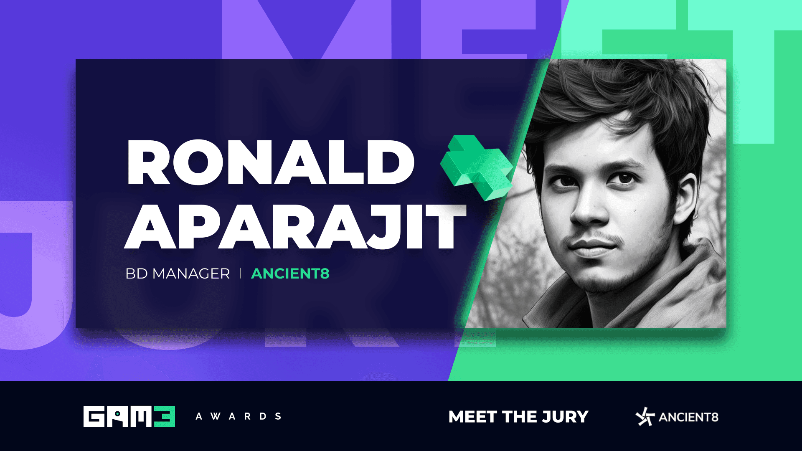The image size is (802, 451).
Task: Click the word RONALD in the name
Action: (271, 162)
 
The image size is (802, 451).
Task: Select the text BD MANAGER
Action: (178, 274)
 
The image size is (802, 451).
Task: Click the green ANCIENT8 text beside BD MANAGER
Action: (290, 274)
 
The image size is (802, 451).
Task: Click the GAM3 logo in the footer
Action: (129, 416)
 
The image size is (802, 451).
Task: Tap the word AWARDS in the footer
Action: (239, 416)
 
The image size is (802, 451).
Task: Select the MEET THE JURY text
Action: (518, 417)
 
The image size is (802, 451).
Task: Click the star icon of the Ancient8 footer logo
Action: (645, 417)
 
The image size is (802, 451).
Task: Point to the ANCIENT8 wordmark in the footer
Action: (688, 417)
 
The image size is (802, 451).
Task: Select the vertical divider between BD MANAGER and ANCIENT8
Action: (241, 274)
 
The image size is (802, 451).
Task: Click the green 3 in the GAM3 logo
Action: (165, 416)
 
